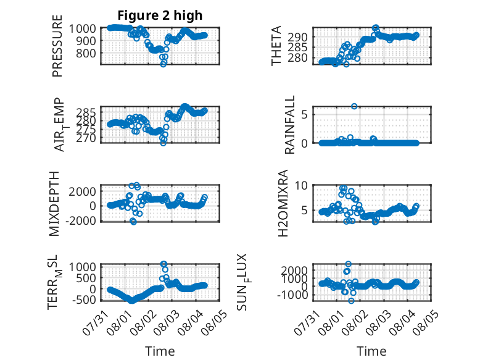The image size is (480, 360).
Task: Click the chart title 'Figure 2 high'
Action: (160, 15)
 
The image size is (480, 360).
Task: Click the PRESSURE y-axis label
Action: (57, 46)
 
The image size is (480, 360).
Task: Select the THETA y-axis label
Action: (276, 46)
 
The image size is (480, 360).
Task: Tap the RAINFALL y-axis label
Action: (289, 125)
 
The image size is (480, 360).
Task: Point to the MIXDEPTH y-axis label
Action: (54, 204)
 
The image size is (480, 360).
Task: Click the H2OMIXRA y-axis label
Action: (283, 203)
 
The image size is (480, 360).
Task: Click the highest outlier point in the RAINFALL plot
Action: (354, 106)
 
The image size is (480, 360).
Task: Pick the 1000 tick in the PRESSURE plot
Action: (83, 28)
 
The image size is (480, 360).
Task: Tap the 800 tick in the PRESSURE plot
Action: (86, 53)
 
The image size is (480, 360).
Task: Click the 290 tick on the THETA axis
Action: (297, 37)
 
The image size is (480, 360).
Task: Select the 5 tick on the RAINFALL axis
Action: (304, 115)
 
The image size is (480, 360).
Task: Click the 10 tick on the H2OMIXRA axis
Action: (301, 185)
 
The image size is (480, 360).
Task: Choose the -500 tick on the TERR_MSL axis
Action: (84, 299)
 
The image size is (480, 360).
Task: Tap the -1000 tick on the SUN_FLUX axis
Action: (292, 295)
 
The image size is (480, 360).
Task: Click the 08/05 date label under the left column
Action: (214, 323)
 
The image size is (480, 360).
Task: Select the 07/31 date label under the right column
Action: (307, 323)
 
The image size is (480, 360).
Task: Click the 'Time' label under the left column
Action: (160, 351)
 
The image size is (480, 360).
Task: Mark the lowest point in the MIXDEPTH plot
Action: (133, 221)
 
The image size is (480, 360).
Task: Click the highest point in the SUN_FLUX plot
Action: (348, 264)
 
